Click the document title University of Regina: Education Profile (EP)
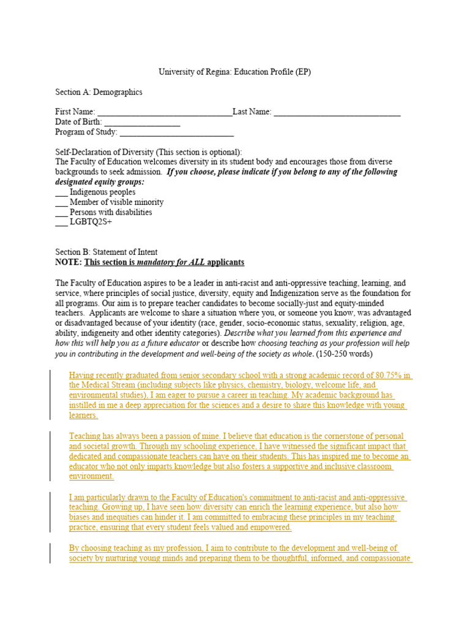235,72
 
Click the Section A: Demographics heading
99,92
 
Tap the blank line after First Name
165,113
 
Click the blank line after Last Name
337,113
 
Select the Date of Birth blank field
142,123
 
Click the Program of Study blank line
177,133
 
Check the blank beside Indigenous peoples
61,193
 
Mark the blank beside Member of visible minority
61,202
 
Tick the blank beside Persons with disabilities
61,213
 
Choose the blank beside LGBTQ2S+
61,223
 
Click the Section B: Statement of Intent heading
106,252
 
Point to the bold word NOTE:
68,262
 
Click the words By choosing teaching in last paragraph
101,548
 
